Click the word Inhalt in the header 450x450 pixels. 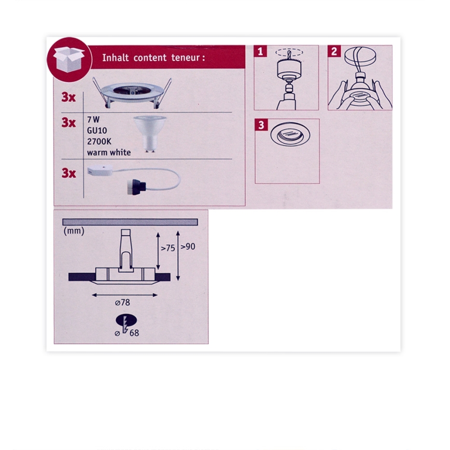click(x=116, y=58)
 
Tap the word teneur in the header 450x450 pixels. click(x=186, y=58)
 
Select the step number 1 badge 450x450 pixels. click(x=260, y=51)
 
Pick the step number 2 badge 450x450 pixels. click(x=334, y=51)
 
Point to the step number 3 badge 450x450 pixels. click(x=261, y=125)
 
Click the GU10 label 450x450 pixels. click(x=97, y=131)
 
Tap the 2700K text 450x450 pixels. click(x=99, y=142)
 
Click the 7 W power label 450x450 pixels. click(x=93, y=120)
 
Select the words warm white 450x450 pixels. click(x=109, y=152)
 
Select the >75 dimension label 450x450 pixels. click(x=167, y=248)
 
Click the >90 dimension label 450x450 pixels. click(x=188, y=247)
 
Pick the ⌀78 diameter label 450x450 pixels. click(x=122, y=302)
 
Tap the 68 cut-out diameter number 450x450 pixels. click(x=134, y=333)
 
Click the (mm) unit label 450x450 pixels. click(x=74, y=231)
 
